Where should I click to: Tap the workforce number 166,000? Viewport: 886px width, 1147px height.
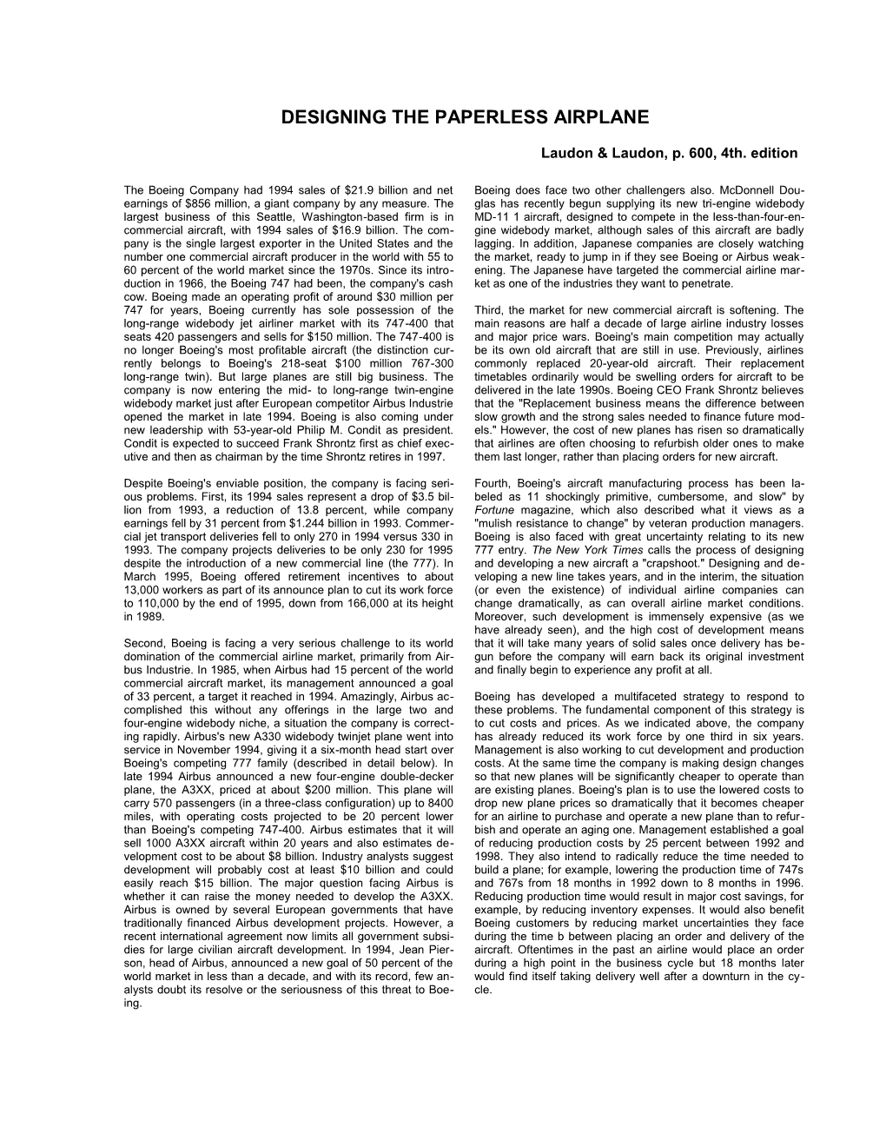[354, 604]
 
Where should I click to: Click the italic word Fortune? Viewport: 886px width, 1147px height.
[499, 510]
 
